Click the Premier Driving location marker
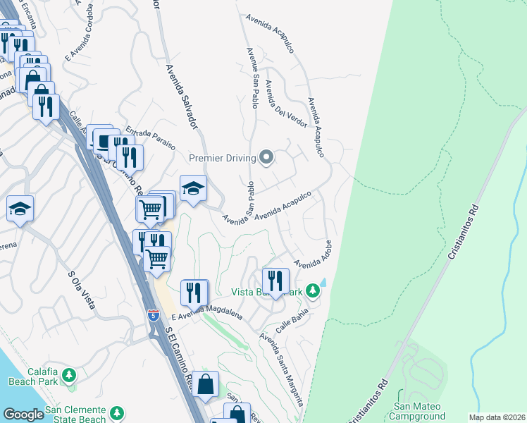pos(266,157)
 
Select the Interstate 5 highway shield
pos(154,314)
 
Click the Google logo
pos(23,414)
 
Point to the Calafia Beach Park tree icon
pos(69,374)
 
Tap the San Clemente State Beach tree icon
pos(117,412)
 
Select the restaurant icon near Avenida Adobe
pos(275,281)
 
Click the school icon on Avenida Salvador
pos(194,188)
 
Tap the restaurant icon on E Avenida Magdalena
pos(194,291)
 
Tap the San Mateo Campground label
pos(419,411)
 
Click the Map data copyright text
pos(497,417)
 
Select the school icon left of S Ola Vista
pos(20,209)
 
